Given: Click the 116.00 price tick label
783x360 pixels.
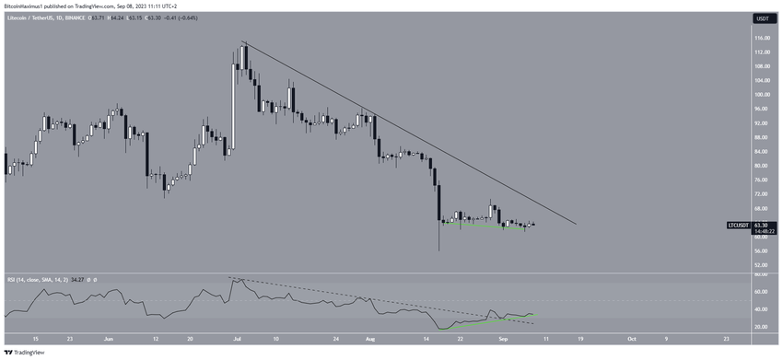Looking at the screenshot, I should click(762, 38).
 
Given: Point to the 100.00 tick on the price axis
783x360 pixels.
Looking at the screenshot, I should click(762, 94).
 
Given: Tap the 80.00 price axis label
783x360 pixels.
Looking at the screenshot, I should click(762, 166).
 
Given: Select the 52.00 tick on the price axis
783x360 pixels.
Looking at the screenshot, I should click(762, 265).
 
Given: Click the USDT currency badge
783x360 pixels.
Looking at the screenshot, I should click(762, 18).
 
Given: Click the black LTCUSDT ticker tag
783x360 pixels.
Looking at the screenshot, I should click(739, 225).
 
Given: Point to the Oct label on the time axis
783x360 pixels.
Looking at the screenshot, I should click(631, 338).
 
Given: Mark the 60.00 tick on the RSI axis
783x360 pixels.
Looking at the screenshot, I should click(762, 292).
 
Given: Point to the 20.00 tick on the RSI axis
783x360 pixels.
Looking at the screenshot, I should click(762, 327).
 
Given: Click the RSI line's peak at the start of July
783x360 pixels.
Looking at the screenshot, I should click(233, 277).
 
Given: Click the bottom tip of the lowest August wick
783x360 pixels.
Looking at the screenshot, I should click(439, 250).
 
